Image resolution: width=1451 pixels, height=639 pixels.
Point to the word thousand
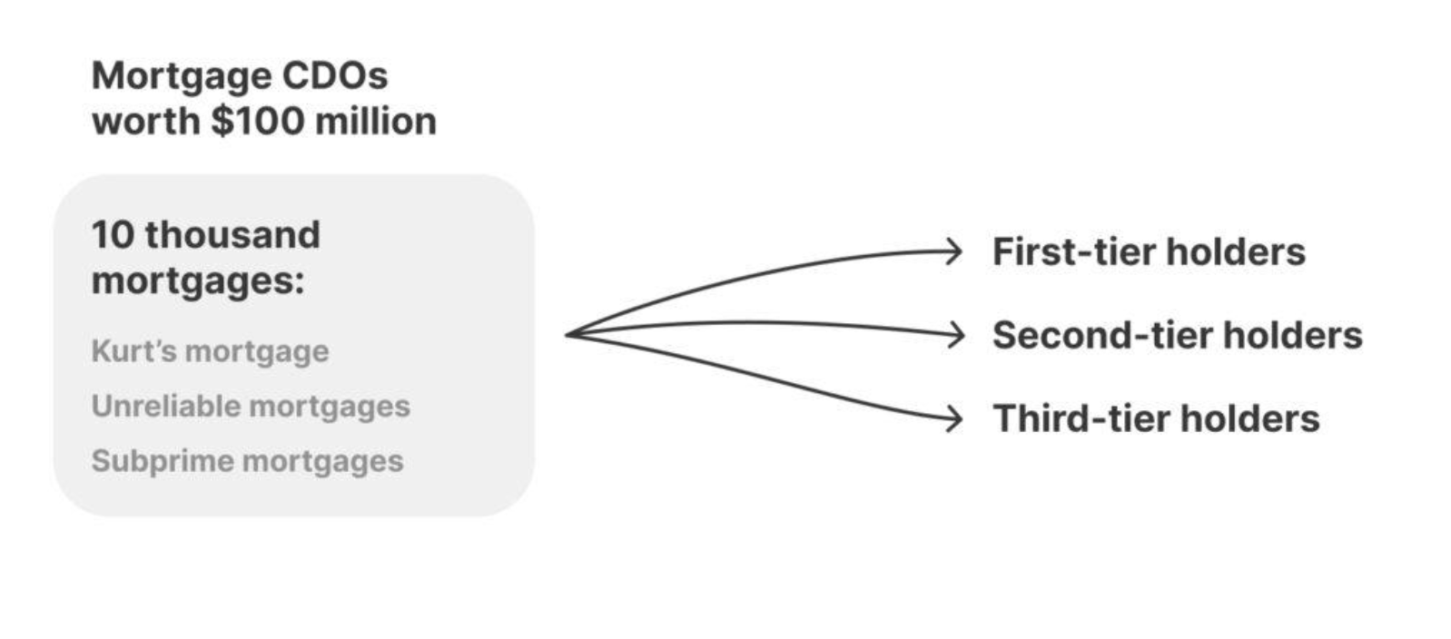click(x=232, y=235)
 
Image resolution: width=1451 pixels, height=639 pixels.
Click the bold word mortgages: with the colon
click(x=198, y=281)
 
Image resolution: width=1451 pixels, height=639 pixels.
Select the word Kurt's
click(x=134, y=350)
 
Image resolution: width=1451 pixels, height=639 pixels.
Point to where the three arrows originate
click(x=568, y=335)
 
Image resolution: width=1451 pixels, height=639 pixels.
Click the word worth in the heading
click(x=145, y=121)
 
